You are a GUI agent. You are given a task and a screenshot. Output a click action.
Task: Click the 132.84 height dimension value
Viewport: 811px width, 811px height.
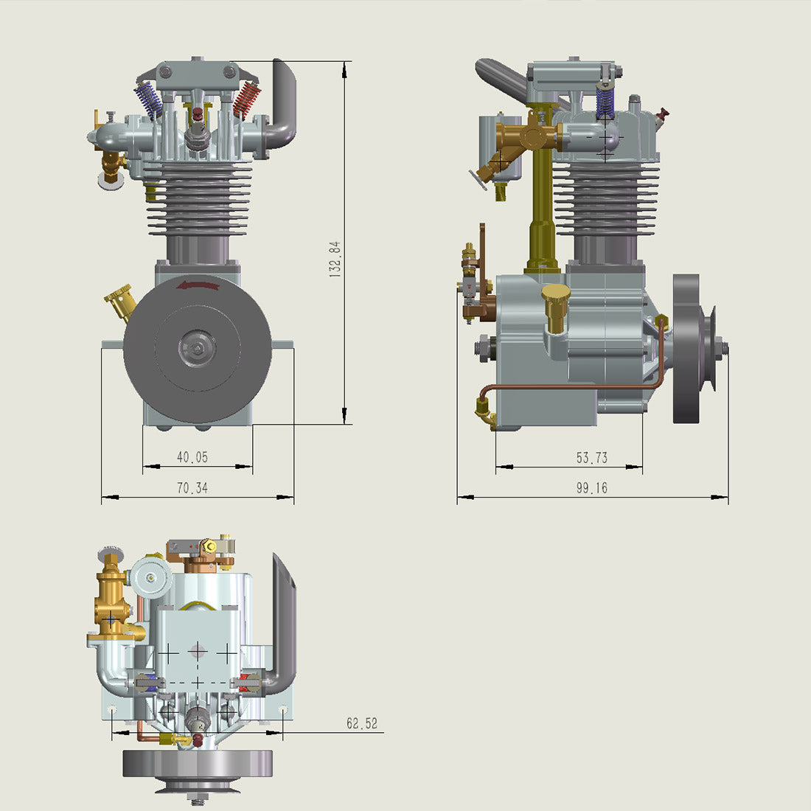[335, 258]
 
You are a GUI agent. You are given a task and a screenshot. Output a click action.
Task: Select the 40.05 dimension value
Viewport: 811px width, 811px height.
[192, 457]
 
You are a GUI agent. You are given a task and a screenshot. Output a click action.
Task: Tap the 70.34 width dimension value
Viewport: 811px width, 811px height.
[192, 488]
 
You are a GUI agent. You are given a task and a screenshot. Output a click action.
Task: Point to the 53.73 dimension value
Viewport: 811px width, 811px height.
[592, 458]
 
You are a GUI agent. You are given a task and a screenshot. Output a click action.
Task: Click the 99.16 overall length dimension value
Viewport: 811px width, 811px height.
[592, 488]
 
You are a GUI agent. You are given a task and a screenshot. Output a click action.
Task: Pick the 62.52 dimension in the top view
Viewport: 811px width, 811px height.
[362, 724]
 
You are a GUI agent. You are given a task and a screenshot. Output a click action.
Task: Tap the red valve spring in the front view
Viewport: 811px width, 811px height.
[247, 100]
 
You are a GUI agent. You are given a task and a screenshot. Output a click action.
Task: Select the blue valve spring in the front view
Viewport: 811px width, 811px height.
[149, 100]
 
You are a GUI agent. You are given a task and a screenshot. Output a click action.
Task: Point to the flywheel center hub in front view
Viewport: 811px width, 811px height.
[198, 347]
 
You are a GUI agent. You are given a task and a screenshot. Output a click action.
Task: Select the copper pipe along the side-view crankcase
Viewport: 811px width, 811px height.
[575, 386]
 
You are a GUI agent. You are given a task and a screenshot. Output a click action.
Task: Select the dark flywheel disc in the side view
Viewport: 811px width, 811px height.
[686, 349]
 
